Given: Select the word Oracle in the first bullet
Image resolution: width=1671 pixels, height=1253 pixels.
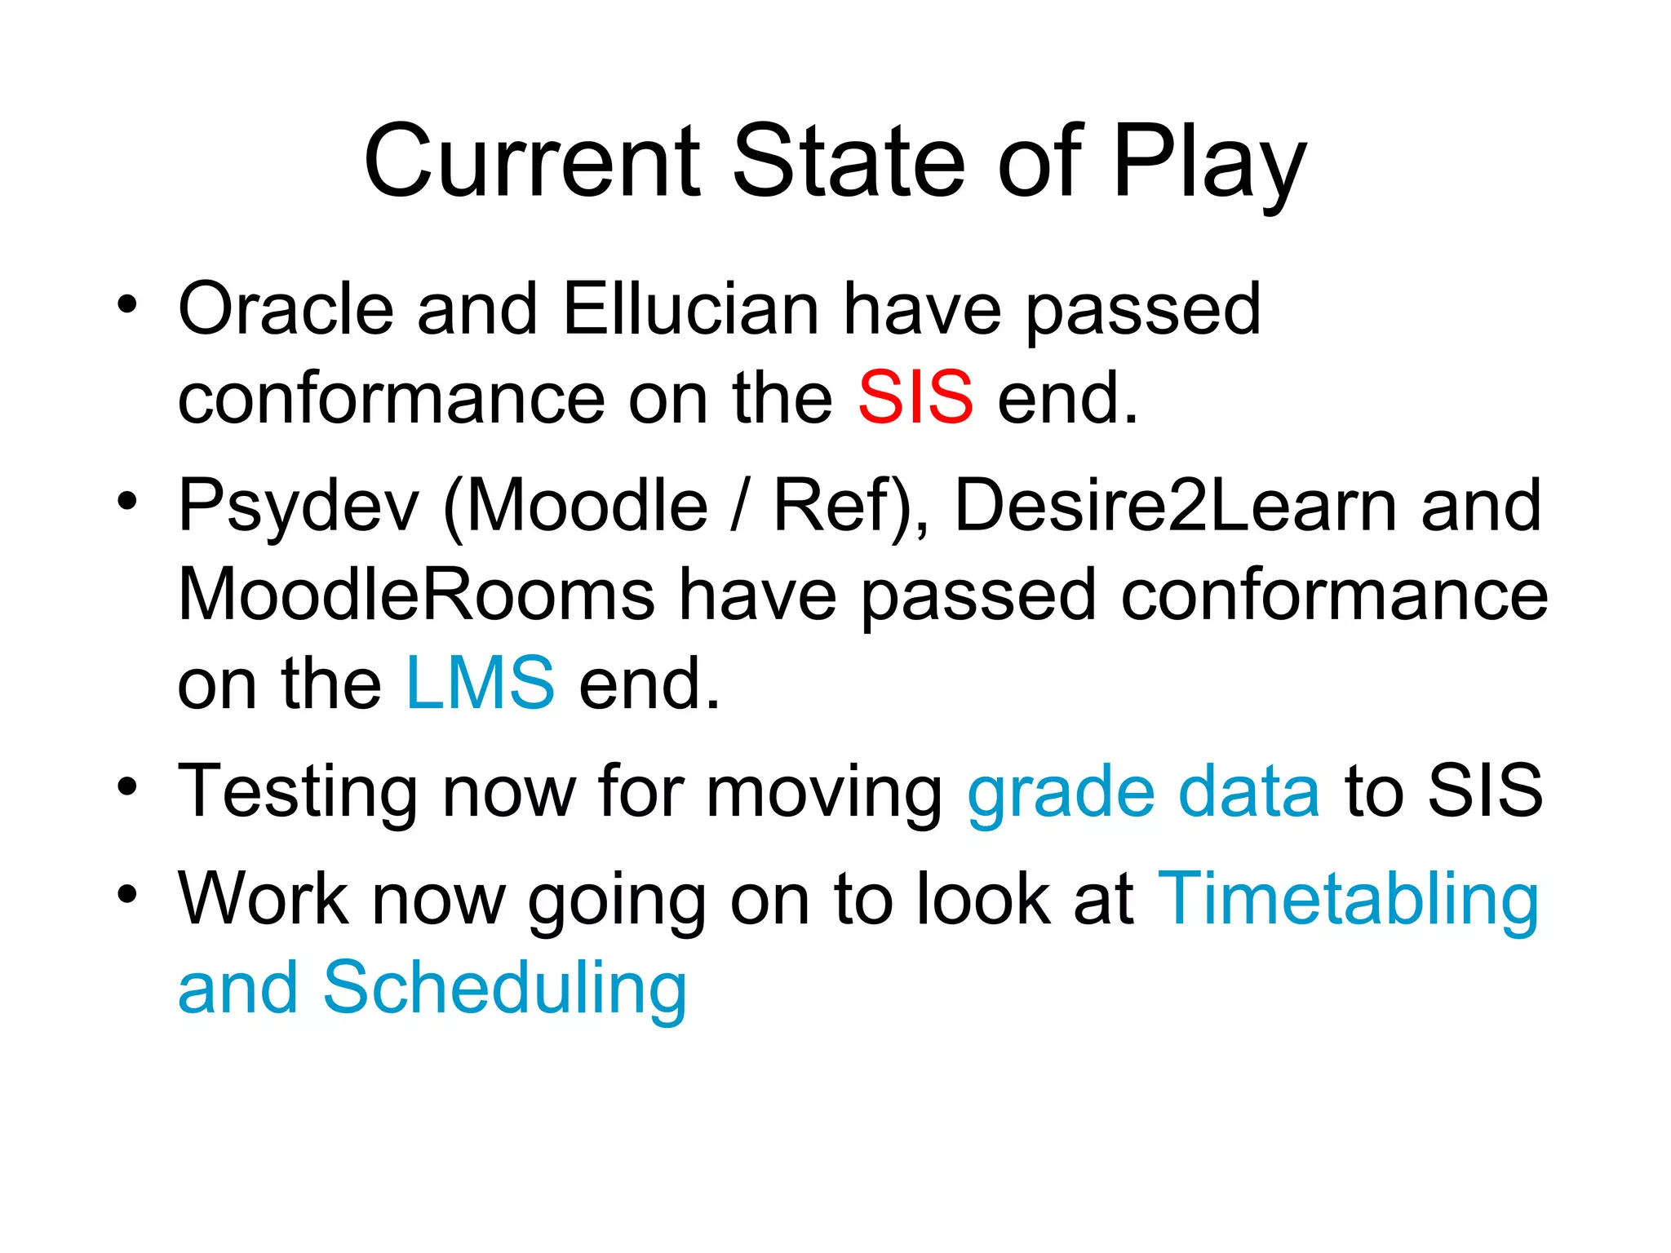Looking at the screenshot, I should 286,309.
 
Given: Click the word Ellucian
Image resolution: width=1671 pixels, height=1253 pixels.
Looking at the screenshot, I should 690,309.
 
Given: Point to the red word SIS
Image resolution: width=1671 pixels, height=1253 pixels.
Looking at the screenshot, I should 915,398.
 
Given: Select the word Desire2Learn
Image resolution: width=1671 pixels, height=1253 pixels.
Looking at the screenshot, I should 1174,506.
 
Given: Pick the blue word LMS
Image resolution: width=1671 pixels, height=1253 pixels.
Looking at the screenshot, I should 481,683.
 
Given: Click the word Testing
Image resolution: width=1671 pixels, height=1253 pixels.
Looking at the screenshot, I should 297,791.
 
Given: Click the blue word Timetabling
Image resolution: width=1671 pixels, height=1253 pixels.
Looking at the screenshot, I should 1348,899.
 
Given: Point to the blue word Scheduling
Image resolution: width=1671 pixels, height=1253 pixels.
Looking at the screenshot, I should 505,989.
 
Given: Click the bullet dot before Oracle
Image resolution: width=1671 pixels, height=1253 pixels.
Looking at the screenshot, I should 127,304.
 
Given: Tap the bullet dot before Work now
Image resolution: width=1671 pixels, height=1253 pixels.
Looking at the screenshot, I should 127,894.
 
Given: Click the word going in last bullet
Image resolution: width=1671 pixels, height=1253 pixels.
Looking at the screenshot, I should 617,901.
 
